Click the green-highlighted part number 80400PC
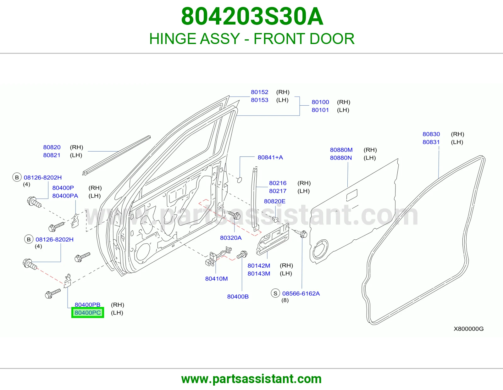click(87, 313)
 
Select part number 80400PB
click(87, 304)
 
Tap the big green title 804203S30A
click(252, 16)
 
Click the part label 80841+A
click(270, 158)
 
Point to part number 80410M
click(216, 279)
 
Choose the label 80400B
click(238, 297)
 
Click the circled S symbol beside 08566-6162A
click(275, 293)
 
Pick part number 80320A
click(231, 238)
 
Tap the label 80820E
click(274, 201)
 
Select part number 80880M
click(341, 150)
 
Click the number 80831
click(431, 142)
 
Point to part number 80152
click(259, 92)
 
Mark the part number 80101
click(320, 110)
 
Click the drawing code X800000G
click(468, 329)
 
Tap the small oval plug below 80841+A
click(240, 180)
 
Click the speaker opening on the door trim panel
click(320, 249)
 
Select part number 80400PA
click(65, 196)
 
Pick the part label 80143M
click(259, 274)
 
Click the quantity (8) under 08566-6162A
click(285, 300)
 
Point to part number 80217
click(278, 191)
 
